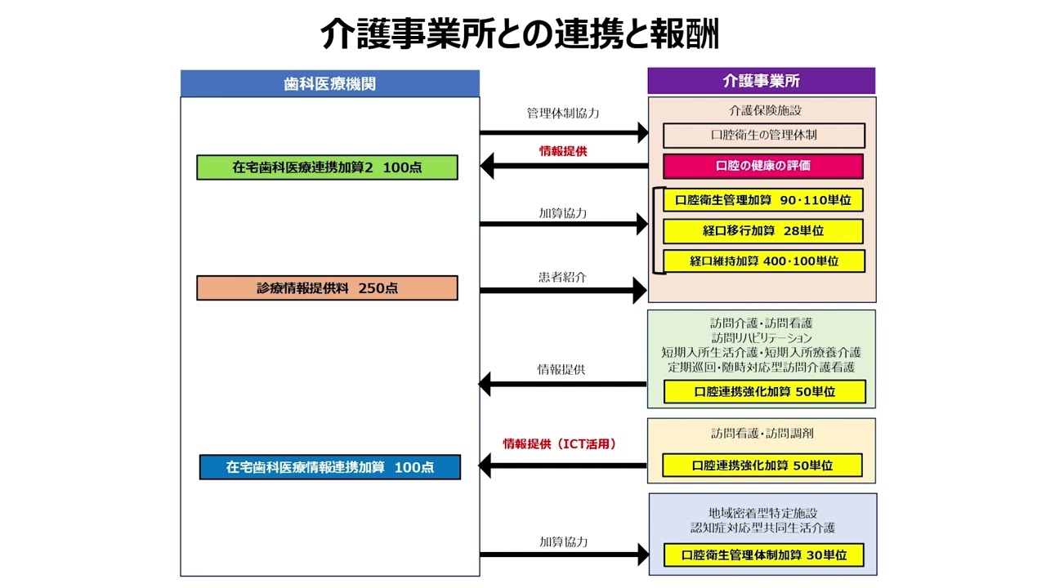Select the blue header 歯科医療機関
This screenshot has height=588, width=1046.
click(329, 83)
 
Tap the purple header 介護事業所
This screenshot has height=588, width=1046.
click(761, 81)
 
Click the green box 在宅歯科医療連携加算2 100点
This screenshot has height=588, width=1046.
click(327, 167)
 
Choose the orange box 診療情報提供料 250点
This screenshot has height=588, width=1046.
click(327, 288)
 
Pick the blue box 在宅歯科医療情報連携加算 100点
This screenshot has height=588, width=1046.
click(329, 467)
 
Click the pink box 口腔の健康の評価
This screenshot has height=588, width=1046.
click(762, 166)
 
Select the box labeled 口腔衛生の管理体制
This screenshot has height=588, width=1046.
click(763, 135)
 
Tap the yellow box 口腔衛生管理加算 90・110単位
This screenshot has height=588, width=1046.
click(762, 200)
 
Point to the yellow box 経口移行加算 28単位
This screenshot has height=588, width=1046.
click(762, 231)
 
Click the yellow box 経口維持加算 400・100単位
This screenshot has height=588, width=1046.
click(762, 261)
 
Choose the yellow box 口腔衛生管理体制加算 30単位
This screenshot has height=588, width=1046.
click(762, 555)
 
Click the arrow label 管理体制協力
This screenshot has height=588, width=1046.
click(562, 113)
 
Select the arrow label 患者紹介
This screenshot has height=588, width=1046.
click(562, 277)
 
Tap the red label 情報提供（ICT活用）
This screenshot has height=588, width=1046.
click(559, 444)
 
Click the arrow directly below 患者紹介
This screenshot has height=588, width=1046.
click(563, 290)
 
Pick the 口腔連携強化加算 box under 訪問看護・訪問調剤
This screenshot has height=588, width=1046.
click(762, 465)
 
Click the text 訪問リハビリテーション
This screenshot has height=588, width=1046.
click(761, 338)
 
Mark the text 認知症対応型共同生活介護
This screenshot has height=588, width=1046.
click(762, 528)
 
